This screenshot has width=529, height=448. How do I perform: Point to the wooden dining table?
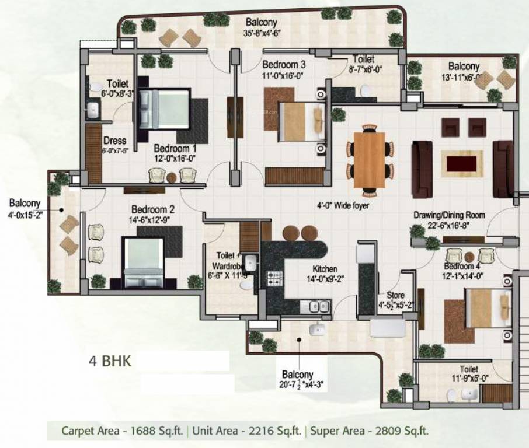pyautogui.click(x=369, y=159)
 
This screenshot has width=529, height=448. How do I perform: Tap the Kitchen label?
pyautogui.click(x=325, y=269)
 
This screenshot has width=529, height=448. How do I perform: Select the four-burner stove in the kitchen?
pyautogui.click(x=275, y=278)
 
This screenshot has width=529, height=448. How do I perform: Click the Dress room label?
pyautogui.click(x=114, y=141)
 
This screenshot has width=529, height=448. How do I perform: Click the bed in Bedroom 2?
pyautogui.click(x=142, y=262)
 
